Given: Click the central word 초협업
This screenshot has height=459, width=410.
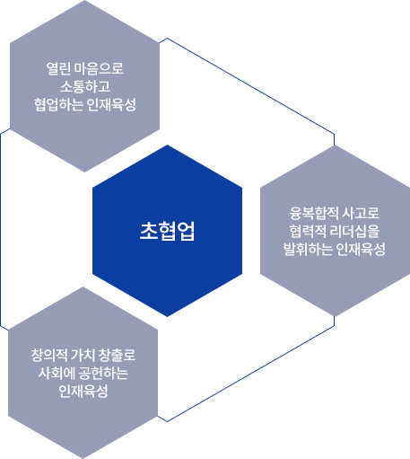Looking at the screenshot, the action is click(167, 231).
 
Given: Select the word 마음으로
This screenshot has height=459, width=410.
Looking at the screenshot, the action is click(99, 68).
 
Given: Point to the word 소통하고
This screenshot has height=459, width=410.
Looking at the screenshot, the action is click(85, 86).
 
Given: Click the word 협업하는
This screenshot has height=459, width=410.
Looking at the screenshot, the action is click(58, 104).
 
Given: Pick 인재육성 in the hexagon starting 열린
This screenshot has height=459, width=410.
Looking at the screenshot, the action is click(111, 104).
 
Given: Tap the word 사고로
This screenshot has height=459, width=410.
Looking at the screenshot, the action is click(361, 213).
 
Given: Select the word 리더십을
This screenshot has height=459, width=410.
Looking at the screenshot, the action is click(355, 231).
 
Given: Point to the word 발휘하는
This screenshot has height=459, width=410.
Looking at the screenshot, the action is click(308, 249).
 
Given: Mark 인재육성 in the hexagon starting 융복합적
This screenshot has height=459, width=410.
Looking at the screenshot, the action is click(361, 249).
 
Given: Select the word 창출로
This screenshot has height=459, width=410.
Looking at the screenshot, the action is click(117, 355).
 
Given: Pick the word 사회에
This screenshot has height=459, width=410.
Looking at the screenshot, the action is click(56, 373).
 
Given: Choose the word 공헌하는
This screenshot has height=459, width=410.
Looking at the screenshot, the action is click(103, 373).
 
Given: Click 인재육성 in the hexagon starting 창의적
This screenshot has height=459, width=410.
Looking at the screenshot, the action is click(83, 391).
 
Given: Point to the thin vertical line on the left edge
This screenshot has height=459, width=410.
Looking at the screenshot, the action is click(1, 230).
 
